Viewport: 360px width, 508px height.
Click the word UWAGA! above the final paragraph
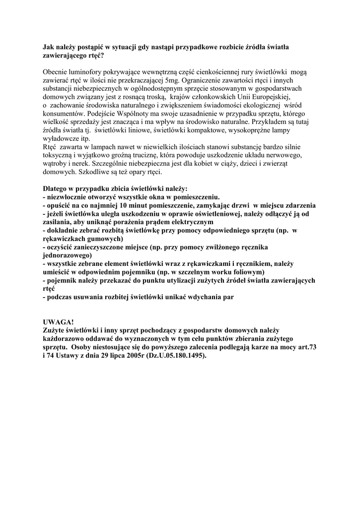coord(58,321)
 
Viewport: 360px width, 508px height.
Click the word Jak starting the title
coord(49,47)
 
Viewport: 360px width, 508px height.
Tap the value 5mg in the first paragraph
coord(172,79)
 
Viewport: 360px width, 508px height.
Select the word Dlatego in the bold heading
coord(56,189)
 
